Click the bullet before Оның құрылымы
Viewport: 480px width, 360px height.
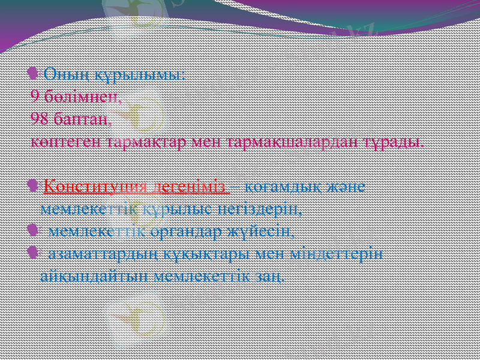click(x=34, y=74)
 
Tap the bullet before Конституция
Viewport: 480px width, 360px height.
click(x=34, y=187)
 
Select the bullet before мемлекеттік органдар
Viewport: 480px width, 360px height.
click(x=34, y=231)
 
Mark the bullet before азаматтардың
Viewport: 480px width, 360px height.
click(x=34, y=254)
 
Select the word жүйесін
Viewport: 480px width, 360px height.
click(x=262, y=231)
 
